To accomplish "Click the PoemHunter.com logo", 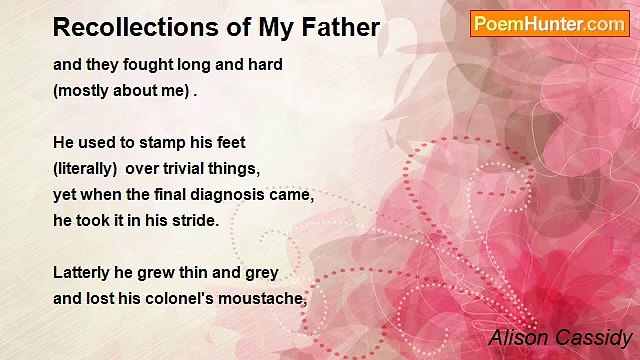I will click(549, 24).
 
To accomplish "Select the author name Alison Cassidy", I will click(561, 337).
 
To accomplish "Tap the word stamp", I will click(158, 143).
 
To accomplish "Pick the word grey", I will click(261, 272).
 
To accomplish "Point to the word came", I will click(295, 195).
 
